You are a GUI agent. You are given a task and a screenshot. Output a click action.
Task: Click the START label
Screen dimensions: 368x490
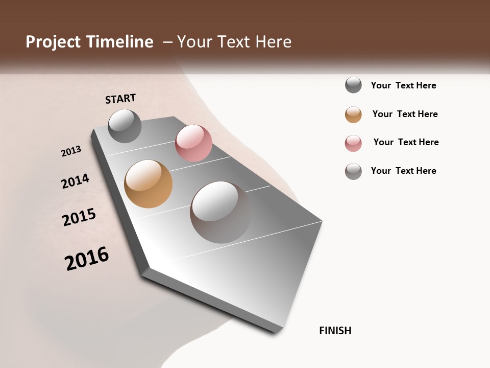(x=120, y=99)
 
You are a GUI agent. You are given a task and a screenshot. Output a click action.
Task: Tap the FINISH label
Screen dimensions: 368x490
(x=335, y=331)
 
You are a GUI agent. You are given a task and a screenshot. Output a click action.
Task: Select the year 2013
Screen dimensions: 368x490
(x=71, y=151)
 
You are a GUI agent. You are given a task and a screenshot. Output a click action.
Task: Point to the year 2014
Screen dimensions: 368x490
(x=75, y=181)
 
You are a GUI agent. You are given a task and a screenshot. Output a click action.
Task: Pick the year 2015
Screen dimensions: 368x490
(x=79, y=217)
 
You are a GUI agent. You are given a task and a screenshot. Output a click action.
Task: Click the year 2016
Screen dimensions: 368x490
(x=87, y=259)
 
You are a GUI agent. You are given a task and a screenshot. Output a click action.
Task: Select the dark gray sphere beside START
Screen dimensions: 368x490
(x=125, y=126)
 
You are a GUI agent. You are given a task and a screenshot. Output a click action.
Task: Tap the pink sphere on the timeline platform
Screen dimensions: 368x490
(x=193, y=143)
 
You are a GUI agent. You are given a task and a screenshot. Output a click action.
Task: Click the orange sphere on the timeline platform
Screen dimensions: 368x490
(x=148, y=184)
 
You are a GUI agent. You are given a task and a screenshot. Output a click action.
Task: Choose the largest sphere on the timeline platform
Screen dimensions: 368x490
(x=220, y=212)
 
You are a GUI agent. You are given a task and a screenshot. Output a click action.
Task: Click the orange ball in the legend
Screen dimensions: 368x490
(x=353, y=114)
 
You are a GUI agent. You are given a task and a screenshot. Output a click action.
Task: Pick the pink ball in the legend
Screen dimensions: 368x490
(x=353, y=143)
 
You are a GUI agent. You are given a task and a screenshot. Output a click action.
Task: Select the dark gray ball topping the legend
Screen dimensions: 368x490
(x=353, y=85)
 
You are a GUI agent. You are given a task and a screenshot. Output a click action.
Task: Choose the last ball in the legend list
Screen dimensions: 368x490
(x=353, y=171)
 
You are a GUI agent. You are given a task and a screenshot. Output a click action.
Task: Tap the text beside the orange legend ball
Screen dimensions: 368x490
(x=405, y=114)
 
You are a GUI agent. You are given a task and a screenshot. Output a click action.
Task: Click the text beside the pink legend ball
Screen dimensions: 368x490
(x=406, y=142)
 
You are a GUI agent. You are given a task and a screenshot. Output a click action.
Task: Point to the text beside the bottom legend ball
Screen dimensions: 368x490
(x=403, y=171)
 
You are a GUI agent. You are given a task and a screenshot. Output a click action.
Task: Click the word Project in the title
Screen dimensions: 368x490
(x=54, y=42)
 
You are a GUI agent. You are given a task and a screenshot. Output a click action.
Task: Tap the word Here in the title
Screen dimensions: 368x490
(x=273, y=42)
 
